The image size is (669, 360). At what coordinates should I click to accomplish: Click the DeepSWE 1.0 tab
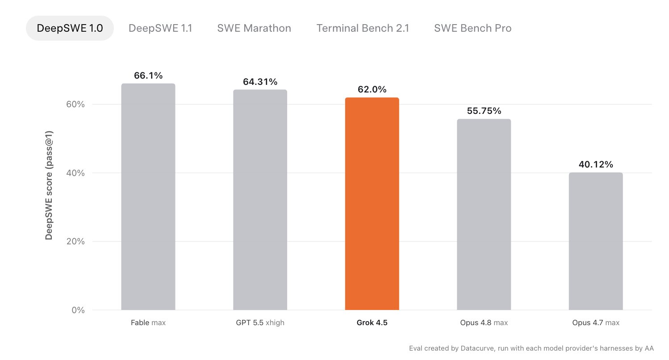click(x=70, y=28)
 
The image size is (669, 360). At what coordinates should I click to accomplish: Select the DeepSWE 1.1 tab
click(x=160, y=28)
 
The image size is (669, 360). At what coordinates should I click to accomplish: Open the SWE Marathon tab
click(x=254, y=28)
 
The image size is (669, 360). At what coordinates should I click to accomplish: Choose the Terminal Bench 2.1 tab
click(x=363, y=28)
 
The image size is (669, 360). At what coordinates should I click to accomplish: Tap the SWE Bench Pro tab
click(x=472, y=28)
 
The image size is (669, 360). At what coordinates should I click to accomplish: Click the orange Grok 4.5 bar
click(x=372, y=204)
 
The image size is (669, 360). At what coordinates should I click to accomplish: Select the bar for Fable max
click(x=148, y=197)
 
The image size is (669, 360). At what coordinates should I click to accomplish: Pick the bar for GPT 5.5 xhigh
click(x=260, y=200)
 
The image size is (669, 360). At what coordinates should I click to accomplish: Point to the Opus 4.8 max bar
click(x=484, y=214)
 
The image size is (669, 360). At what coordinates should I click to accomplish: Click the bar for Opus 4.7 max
click(x=596, y=241)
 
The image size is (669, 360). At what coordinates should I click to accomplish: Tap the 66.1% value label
click(x=148, y=75)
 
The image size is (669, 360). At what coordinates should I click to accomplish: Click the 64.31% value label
click(x=260, y=82)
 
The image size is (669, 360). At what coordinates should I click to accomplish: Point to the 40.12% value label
click(x=596, y=164)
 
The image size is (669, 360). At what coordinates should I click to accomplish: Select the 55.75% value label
click(x=484, y=111)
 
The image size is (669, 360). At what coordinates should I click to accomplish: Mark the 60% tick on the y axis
click(x=75, y=104)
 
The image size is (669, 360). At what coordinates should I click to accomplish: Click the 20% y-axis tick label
click(x=75, y=241)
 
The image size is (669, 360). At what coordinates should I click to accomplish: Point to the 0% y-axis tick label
click(x=78, y=310)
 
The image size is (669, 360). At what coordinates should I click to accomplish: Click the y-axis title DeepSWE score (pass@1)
click(x=49, y=185)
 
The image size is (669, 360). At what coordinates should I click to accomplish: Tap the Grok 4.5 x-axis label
click(x=372, y=322)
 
